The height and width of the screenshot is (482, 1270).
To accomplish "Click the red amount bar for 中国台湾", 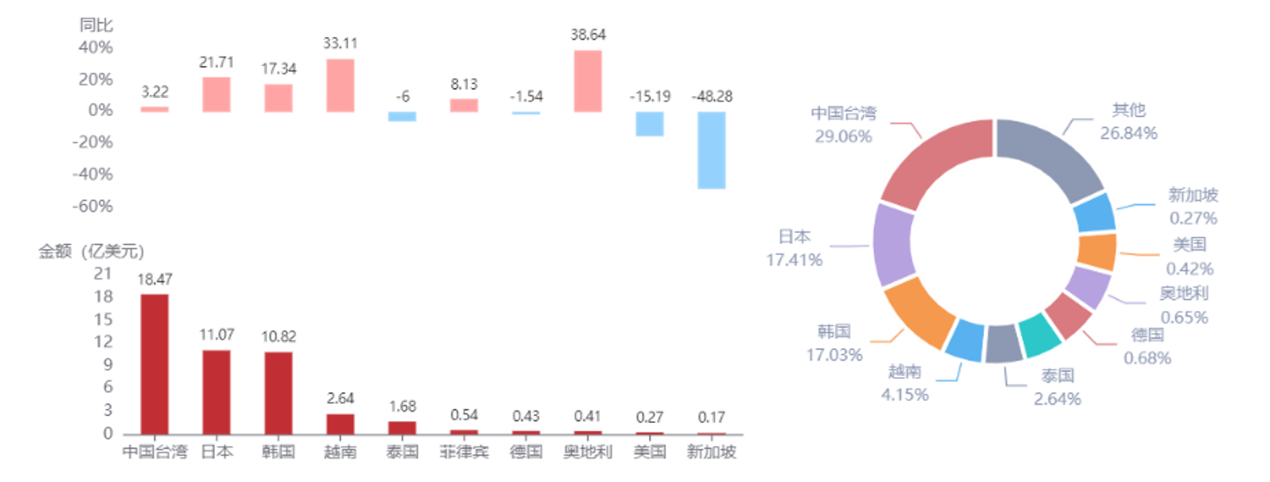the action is click(x=155, y=364).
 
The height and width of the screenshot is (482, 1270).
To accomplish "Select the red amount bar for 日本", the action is click(x=217, y=392).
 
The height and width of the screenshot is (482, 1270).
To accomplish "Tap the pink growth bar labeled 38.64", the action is click(x=588, y=81).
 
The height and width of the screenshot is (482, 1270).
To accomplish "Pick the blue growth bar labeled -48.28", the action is click(x=712, y=151).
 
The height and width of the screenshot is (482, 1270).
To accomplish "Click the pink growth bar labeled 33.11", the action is click(x=340, y=85).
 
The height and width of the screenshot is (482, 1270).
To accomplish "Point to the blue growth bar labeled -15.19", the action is click(x=650, y=124).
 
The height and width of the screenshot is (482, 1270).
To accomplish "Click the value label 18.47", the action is click(x=155, y=279).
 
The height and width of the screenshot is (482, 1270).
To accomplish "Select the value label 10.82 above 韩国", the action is click(x=278, y=337).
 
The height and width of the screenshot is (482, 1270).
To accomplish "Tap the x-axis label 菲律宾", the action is click(x=464, y=452).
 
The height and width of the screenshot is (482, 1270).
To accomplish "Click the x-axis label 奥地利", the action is click(x=588, y=452).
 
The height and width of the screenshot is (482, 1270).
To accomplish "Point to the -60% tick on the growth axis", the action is click(x=92, y=206).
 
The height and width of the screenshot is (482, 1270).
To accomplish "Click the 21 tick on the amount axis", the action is click(x=103, y=274).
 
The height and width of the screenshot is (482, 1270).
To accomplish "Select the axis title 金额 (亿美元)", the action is click(x=92, y=251).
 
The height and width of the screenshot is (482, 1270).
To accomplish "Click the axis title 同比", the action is click(x=96, y=25).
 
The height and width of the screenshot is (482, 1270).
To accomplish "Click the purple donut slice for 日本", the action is click(x=894, y=245).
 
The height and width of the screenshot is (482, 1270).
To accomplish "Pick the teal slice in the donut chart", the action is click(x=1040, y=335).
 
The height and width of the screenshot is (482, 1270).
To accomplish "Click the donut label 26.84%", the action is click(x=1129, y=133).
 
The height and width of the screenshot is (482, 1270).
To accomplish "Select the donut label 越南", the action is click(x=905, y=372).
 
